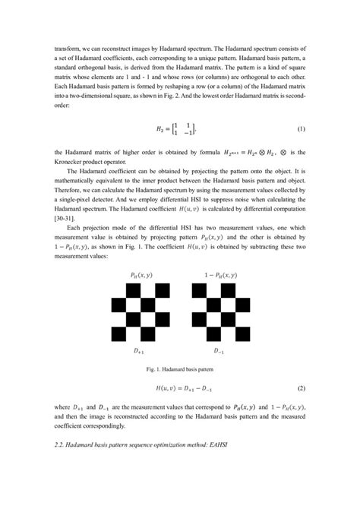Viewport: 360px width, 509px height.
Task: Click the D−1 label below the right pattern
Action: pyautogui.click(x=220, y=353)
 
